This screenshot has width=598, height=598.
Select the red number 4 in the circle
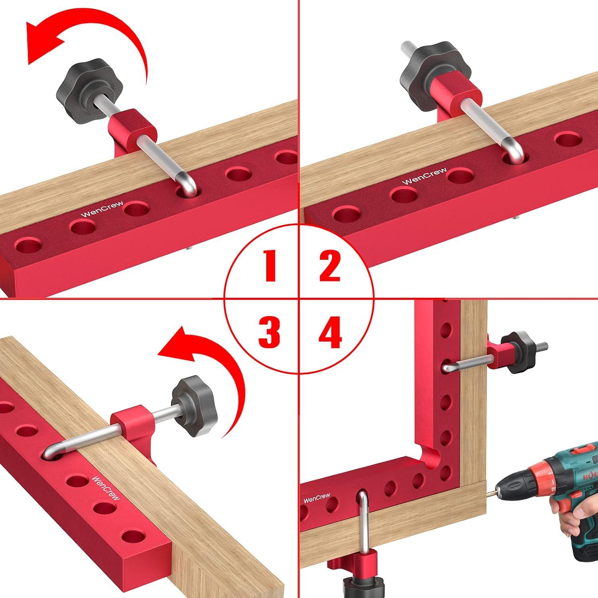point(330,332)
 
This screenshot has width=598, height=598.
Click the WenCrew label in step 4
point(317,498)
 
